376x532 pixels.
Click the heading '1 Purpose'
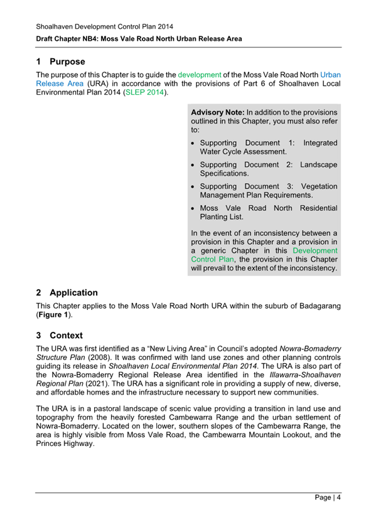(60, 61)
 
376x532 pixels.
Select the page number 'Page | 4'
(328, 499)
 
